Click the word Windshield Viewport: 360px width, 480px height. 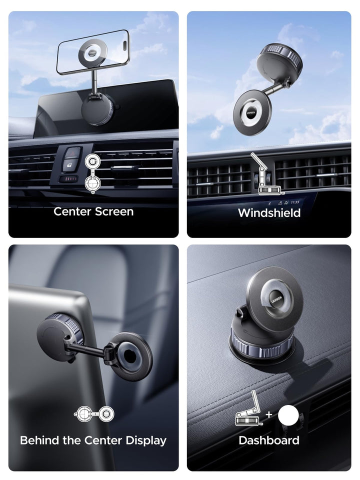(269, 213)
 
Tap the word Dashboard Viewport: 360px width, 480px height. (269, 440)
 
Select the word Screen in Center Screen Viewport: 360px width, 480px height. (114, 211)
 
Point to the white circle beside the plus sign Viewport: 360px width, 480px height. (288, 415)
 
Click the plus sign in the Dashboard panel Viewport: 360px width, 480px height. (269, 414)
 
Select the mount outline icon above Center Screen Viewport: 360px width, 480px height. (92, 173)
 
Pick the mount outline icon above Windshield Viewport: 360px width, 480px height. (265, 173)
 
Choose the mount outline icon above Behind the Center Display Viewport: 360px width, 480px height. (94, 414)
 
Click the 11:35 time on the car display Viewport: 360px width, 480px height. (295, 202)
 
